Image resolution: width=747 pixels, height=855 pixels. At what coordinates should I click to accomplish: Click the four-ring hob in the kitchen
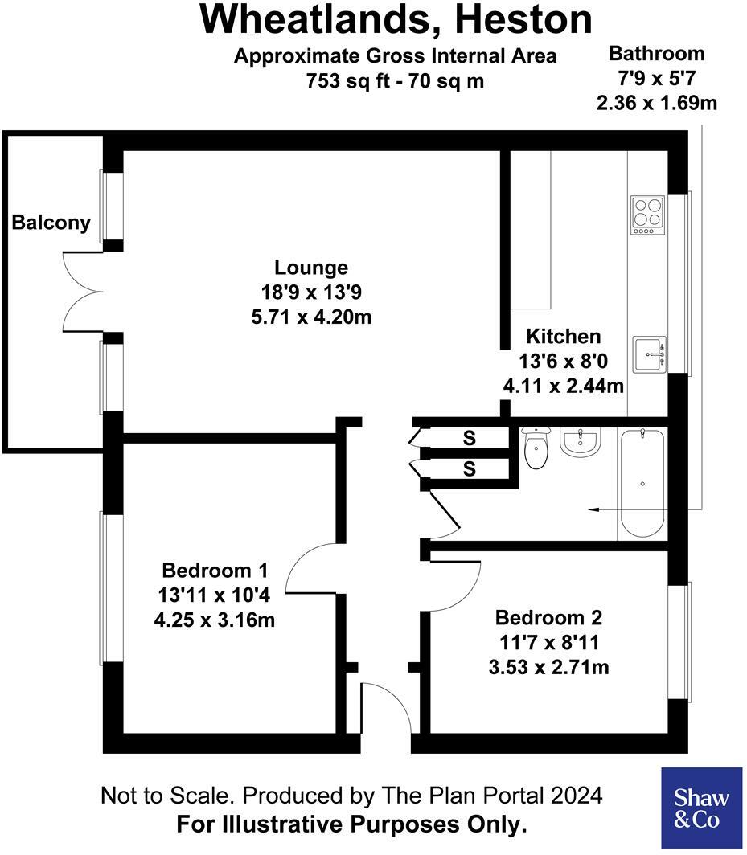pos(647,215)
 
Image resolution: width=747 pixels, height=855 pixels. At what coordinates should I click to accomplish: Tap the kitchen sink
pos(650,354)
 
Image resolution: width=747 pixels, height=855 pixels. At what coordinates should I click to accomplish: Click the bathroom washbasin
pos(580,442)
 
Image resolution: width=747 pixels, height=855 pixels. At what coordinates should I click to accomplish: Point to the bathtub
pos(641,484)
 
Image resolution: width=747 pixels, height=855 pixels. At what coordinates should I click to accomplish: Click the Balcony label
pos(51,223)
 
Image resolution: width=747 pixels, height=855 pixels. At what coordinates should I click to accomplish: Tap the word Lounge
pos(311,268)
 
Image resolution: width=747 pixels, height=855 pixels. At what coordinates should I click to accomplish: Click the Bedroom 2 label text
pos(548,618)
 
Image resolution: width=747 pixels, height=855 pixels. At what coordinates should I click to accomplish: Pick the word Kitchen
pos(563,336)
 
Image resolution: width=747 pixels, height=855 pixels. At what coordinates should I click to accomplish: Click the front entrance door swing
pos(384,707)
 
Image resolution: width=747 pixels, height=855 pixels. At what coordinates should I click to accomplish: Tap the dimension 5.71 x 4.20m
pos(311,317)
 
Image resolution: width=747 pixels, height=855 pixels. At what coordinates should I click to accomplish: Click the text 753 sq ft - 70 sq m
pos(395,80)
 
